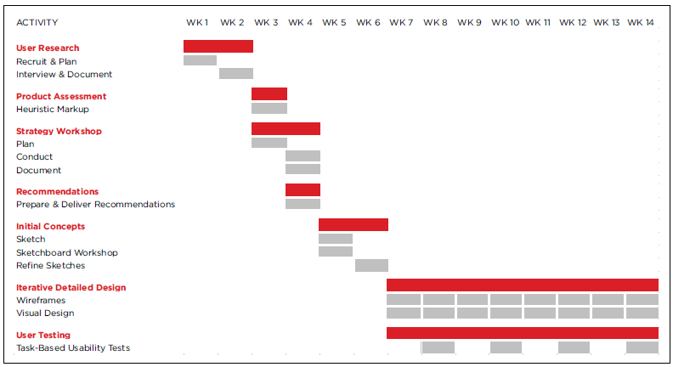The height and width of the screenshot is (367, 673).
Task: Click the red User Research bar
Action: [x=218, y=47]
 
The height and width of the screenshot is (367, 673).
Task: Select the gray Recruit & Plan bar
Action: [x=200, y=60]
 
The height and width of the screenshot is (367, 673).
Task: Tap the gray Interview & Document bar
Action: [x=236, y=74]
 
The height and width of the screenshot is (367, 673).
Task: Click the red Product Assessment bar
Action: [x=269, y=94]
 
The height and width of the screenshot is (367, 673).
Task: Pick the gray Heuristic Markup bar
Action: [x=269, y=109]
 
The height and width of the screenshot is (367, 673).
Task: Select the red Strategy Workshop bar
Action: [x=286, y=129]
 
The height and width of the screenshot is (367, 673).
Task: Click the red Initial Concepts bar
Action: [x=353, y=225]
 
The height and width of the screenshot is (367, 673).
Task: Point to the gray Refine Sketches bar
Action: [x=371, y=265]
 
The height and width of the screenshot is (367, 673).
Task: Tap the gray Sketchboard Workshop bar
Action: [x=336, y=251]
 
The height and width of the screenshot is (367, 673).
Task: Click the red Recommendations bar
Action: [x=303, y=190]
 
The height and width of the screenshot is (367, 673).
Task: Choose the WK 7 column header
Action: [x=401, y=23]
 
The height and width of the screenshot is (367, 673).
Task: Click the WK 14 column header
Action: [x=641, y=23]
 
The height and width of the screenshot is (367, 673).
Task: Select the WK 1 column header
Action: [x=197, y=23]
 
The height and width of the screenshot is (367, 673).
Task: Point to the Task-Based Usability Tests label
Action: [x=73, y=348]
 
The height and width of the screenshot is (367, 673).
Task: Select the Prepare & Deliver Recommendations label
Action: [x=95, y=205]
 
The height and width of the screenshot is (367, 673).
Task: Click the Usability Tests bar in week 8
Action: [x=438, y=347]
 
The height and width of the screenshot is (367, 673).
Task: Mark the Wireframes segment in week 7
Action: [x=404, y=300]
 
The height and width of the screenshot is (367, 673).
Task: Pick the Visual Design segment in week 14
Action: [x=642, y=313]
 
